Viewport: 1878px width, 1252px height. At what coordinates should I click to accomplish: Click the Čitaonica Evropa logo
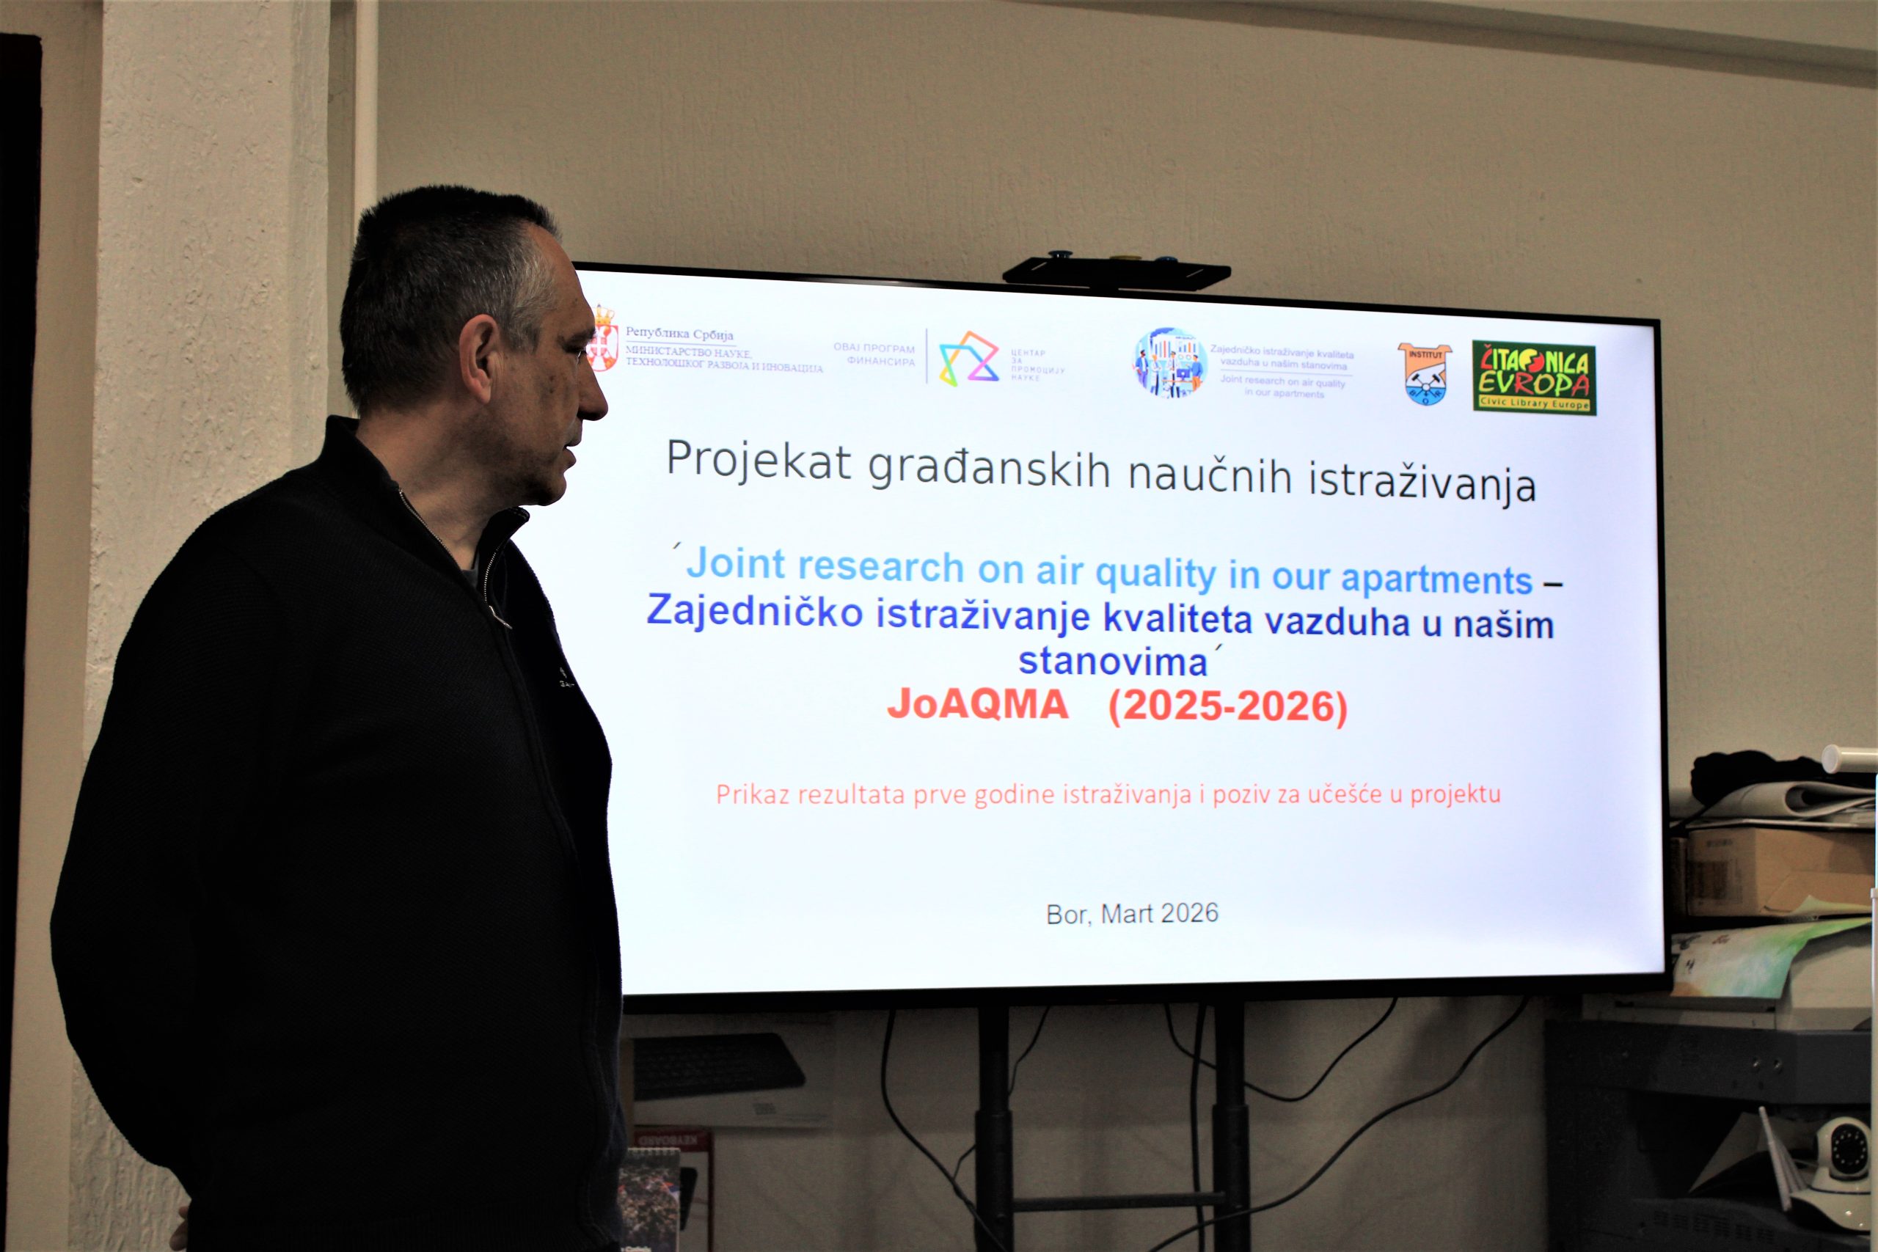1533,378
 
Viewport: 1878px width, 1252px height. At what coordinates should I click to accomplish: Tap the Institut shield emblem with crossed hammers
1425,373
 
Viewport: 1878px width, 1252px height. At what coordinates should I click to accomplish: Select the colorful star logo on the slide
968,359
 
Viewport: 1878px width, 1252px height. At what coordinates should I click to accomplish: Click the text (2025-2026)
1227,706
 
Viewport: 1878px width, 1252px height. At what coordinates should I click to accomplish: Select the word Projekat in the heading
759,460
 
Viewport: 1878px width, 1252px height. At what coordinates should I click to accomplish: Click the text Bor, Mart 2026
1131,913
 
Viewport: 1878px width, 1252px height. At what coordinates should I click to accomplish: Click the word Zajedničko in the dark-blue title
755,612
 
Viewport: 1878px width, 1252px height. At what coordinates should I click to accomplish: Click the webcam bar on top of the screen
1116,273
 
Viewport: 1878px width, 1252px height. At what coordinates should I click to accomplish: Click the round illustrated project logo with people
1170,363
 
